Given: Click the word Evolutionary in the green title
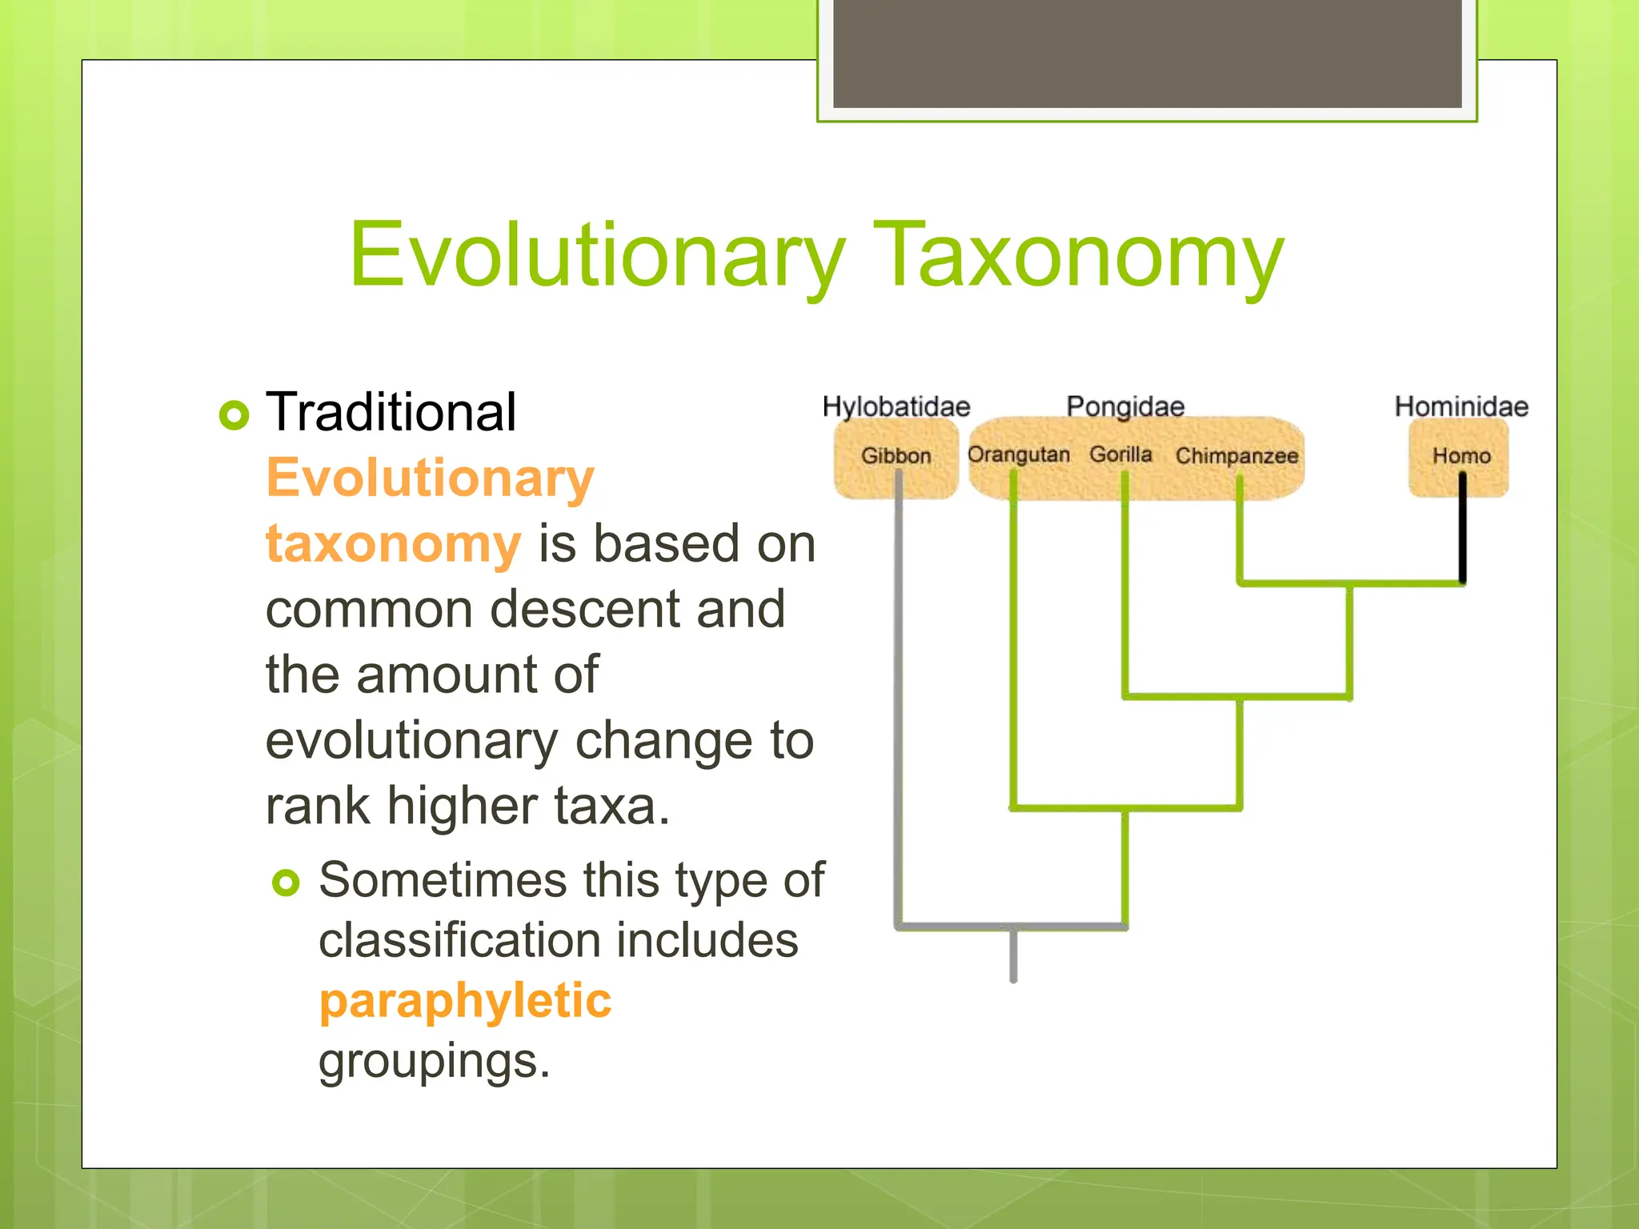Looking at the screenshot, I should click(x=596, y=256).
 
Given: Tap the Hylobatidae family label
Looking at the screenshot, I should click(x=896, y=406).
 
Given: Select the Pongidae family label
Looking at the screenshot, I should click(x=1124, y=406).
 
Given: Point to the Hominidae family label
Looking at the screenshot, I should click(x=1461, y=406).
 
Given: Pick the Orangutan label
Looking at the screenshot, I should click(x=1018, y=454).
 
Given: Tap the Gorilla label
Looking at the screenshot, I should click(x=1120, y=454).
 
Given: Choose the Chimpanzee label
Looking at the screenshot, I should click(x=1236, y=456).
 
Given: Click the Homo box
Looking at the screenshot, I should click(x=1460, y=457).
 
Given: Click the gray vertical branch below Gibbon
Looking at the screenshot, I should click(x=899, y=704).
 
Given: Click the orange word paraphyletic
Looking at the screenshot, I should click(x=465, y=1001).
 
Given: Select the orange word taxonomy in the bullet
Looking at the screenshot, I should click(x=393, y=544).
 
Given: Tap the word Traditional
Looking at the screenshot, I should click(x=391, y=413).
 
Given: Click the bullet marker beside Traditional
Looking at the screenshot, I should click(x=234, y=414).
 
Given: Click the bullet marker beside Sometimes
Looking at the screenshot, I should click(x=286, y=883).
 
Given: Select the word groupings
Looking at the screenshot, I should click(x=434, y=1061).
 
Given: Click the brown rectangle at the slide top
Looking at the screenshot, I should click(x=1147, y=53).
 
